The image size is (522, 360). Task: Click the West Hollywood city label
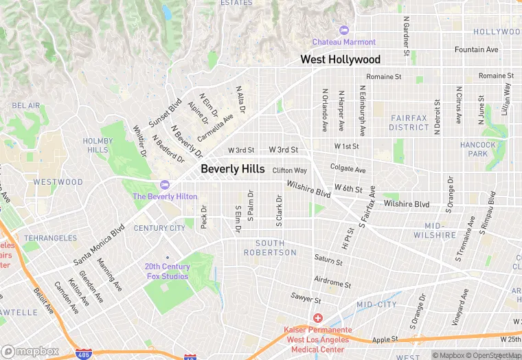point(340,60)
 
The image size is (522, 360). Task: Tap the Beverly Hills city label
point(232,169)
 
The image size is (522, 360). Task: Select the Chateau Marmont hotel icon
point(344,30)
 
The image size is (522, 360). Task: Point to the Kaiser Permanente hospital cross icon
point(318,318)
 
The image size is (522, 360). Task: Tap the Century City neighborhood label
point(159,228)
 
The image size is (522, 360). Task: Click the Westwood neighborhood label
point(58,183)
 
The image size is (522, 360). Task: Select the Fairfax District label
point(409,123)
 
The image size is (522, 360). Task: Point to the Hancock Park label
point(478,149)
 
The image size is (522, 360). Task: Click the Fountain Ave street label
point(476,50)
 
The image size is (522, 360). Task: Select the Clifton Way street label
point(289,170)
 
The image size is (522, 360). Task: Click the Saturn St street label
point(328,260)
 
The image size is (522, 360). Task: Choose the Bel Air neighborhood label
point(26,106)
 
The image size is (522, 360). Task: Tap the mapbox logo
point(30,350)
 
